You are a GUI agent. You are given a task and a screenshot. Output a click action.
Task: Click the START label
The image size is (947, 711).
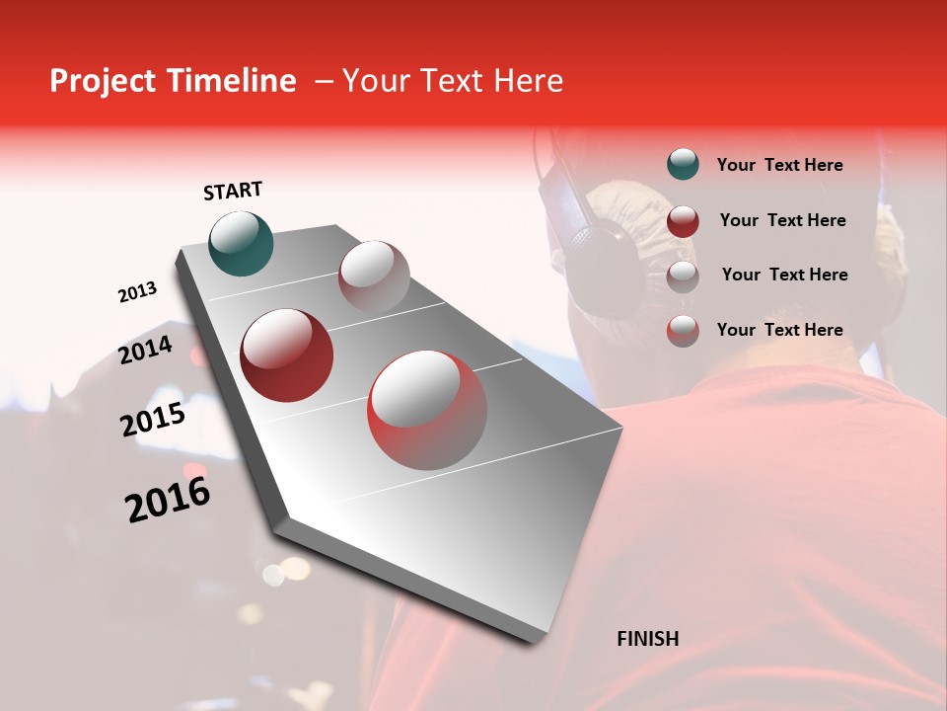[x=233, y=191]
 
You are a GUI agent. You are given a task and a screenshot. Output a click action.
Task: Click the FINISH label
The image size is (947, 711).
[x=647, y=639]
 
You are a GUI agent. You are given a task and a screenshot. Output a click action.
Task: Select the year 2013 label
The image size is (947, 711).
[x=137, y=292]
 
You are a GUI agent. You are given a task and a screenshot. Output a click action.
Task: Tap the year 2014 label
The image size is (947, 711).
[x=146, y=350]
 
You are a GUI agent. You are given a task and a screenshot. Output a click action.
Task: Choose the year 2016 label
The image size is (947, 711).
[x=168, y=499]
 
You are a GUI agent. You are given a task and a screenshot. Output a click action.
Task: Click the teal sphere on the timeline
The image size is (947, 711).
[x=241, y=243]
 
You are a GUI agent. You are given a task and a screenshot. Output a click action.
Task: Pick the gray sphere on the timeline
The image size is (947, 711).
[x=374, y=276]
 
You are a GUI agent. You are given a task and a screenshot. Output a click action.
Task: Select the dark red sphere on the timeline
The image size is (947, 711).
[x=287, y=355]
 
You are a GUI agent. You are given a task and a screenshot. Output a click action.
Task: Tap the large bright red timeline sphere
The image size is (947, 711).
[x=427, y=409]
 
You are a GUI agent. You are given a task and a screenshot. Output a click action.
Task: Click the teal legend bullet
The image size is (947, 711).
[x=683, y=165]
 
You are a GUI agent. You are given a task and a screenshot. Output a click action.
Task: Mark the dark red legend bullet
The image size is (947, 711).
[x=683, y=220]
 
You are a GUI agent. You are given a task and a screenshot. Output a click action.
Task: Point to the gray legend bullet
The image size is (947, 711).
[x=683, y=276]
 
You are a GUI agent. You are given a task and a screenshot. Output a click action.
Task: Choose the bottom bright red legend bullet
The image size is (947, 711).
[x=683, y=331]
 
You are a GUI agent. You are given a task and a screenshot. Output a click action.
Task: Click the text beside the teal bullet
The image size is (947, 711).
[x=779, y=165]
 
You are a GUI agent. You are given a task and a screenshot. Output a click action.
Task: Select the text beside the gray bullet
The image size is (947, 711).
[x=784, y=275]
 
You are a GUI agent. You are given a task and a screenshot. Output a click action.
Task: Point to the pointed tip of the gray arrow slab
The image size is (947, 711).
[x=539, y=640]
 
